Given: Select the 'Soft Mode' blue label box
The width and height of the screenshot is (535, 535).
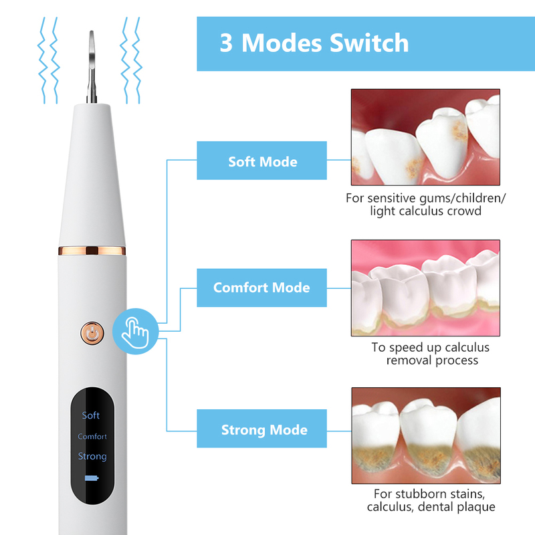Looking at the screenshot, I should [261, 161].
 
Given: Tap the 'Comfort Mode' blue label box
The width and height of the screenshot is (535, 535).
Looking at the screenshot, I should [261, 288].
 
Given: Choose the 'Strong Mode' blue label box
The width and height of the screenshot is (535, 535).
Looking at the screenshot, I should [261, 429].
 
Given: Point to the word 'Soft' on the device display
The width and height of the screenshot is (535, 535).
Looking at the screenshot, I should [91, 415].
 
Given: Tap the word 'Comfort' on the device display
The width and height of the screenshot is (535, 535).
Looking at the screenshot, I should [92, 436].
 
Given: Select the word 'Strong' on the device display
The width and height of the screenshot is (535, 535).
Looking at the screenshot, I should [92, 456].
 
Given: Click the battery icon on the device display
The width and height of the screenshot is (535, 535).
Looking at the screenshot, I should [92, 479].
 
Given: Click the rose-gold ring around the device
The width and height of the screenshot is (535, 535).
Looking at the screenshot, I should [92, 251].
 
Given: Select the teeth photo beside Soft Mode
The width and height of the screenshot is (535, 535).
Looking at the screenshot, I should [425, 137].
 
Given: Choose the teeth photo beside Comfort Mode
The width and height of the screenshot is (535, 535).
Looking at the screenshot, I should [425, 288].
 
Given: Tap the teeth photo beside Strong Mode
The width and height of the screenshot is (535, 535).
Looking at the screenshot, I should [425, 435].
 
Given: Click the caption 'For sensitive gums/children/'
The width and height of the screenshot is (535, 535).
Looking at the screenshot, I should [425, 198].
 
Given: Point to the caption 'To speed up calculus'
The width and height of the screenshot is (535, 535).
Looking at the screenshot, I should [431, 347].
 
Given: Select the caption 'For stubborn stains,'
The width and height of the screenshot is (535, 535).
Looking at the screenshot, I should [431, 494].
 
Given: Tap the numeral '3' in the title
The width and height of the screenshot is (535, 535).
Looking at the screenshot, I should [227, 43].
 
